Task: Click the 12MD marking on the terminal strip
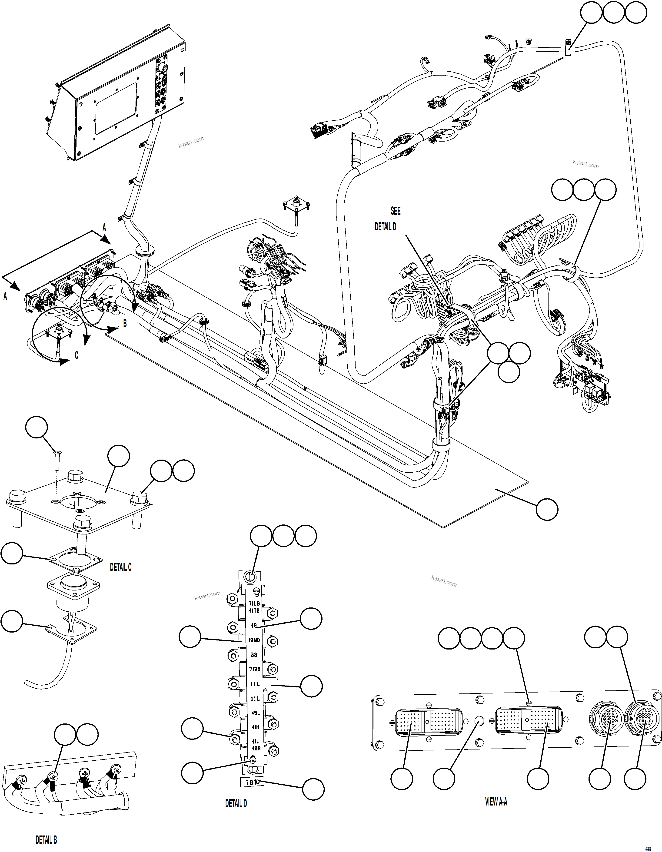254,640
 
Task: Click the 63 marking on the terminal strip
254,655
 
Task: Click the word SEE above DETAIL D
396,211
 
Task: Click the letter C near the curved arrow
77,355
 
